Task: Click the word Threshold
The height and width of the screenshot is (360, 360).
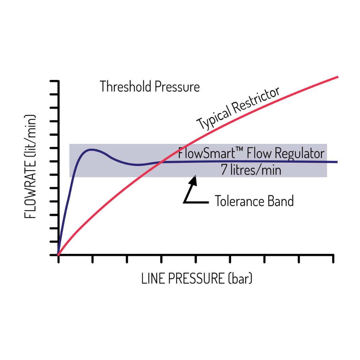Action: point(126,86)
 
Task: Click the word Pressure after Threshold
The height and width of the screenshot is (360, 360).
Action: point(177,86)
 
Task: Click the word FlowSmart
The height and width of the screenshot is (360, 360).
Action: point(207,153)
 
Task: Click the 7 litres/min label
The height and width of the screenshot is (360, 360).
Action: point(251,170)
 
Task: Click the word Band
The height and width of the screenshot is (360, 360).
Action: point(280,201)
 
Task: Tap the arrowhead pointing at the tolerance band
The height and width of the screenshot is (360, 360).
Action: point(193,180)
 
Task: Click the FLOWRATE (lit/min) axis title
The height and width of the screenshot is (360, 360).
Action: point(30,166)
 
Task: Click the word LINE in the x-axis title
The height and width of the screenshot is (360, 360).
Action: point(153,279)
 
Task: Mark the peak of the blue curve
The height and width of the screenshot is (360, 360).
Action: point(91,149)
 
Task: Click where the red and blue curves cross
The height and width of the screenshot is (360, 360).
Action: point(162,162)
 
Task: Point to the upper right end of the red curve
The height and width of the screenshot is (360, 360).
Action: point(338,77)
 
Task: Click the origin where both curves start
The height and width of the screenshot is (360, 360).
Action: point(58,255)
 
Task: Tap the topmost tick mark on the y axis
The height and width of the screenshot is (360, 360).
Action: point(54,81)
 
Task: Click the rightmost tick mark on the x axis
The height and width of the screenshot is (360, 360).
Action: point(333,259)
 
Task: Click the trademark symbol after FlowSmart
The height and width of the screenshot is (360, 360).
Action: point(239,149)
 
